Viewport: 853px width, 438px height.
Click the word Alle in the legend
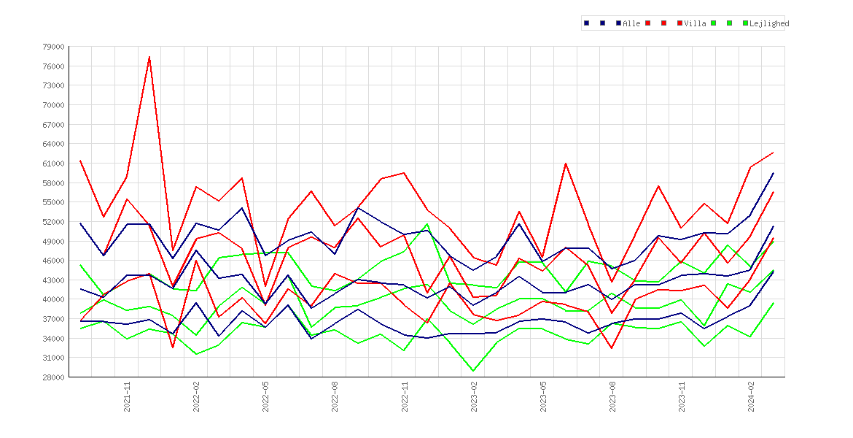(x=631, y=23)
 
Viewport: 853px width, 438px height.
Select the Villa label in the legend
(x=696, y=23)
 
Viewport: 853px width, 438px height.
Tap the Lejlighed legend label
(x=769, y=23)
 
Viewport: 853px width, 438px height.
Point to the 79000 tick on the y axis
(x=52, y=47)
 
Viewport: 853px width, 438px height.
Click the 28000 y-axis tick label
(x=52, y=377)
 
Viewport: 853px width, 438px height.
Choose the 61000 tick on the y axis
(x=52, y=164)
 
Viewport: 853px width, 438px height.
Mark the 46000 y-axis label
(x=52, y=261)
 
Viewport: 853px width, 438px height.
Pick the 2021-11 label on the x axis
(x=128, y=396)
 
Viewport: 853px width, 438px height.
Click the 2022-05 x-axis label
(x=266, y=396)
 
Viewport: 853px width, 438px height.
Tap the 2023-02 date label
(x=474, y=396)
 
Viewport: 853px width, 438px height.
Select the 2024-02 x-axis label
(x=751, y=396)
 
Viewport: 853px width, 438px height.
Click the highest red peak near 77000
(x=149, y=57)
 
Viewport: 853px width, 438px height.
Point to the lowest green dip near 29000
(x=473, y=371)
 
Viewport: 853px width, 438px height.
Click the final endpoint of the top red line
(x=773, y=153)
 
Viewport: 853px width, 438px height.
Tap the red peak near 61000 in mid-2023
(x=565, y=164)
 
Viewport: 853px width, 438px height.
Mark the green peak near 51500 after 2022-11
(x=427, y=224)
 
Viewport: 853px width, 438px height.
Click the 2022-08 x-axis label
(x=335, y=396)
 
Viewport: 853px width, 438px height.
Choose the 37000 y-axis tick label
(x=52, y=319)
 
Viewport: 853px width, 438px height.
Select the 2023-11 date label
(x=682, y=396)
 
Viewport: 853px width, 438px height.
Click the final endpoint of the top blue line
(x=773, y=173)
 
